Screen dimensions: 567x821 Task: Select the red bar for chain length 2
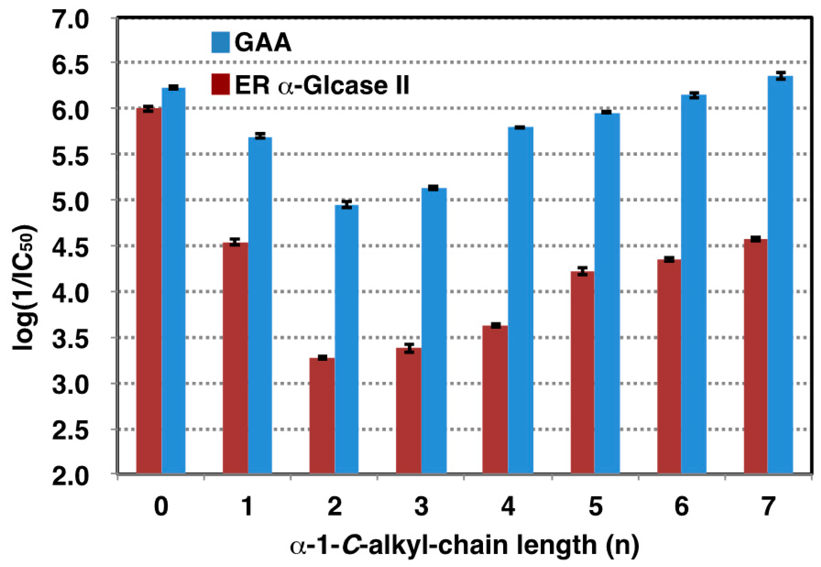pyautogui.click(x=322, y=416)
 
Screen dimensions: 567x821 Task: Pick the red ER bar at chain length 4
pyautogui.click(x=495, y=400)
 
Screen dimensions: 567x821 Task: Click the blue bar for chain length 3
pyautogui.click(x=434, y=331)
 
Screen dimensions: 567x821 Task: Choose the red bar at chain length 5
pyautogui.click(x=582, y=373)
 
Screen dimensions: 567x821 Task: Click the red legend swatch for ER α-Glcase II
pyautogui.click(x=220, y=84)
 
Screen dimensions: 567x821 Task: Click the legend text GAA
pyautogui.click(x=263, y=43)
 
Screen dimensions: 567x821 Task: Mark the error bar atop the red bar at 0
pyautogui.click(x=148, y=109)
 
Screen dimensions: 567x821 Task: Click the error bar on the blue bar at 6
pyautogui.click(x=694, y=95)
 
